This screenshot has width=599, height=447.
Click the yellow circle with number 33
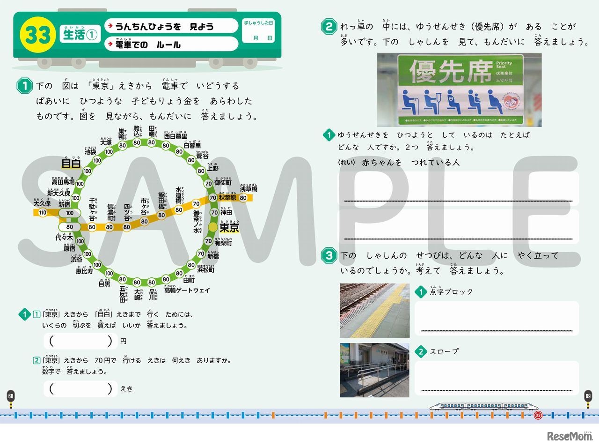click(x=37, y=35)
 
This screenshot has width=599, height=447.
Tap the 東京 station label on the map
click(x=229, y=228)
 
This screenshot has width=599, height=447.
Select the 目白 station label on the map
click(x=71, y=164)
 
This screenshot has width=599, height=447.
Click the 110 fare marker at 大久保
click(x=43, y=213)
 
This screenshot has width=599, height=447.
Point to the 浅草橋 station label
click(x=248, y=189)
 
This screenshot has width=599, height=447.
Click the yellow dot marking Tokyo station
click(x=213, y=227)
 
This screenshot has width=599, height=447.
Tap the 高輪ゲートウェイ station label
click(x=187, y=291)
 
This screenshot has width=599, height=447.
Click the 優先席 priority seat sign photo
click(x=459, y=90)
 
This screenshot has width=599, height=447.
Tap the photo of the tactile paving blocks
click(x=374, y=310)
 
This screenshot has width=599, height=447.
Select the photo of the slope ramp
click(x=374, y=370)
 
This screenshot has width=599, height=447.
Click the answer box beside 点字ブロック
click(x=497, y=319)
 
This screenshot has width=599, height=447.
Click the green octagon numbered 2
click(x=329, y=27)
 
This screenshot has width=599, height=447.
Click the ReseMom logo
click(x=570, y=436)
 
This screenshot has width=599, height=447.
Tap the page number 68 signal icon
click(x=11, y=396)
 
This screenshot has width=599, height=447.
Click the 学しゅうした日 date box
click(x=258, y=31)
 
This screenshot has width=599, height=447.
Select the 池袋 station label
click(x=90, y=151)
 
